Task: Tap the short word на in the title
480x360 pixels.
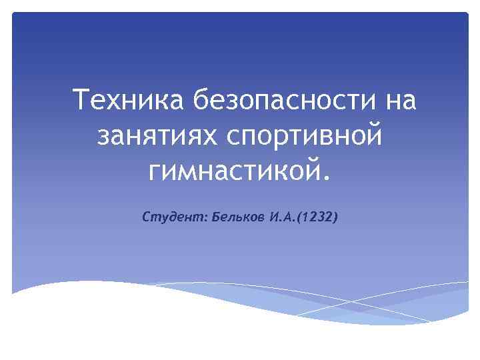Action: [398, 101]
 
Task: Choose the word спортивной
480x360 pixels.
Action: [305, 137]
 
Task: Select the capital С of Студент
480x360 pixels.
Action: [147, 218]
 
